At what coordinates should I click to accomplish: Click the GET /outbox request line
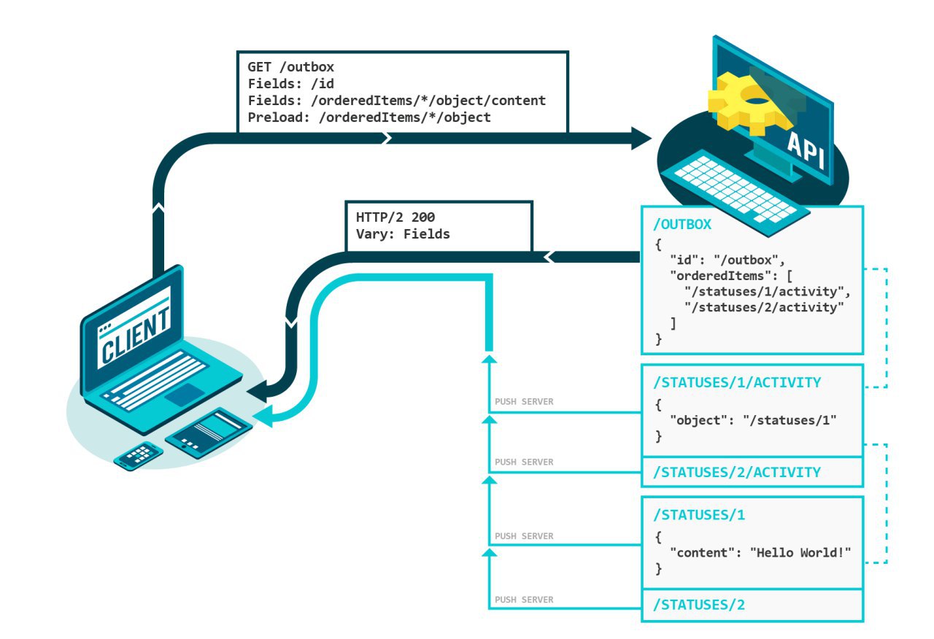click(290, 68)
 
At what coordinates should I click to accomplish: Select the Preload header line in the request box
click(368, 117)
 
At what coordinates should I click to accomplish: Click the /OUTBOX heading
click(682, 224)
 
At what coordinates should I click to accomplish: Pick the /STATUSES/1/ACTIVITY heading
click(737, 382)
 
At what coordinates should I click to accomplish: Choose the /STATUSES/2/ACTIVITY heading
click(737, 472)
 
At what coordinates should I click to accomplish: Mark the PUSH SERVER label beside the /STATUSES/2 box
click(524, 600)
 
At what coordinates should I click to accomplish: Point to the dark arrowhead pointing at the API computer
click(640, 136)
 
